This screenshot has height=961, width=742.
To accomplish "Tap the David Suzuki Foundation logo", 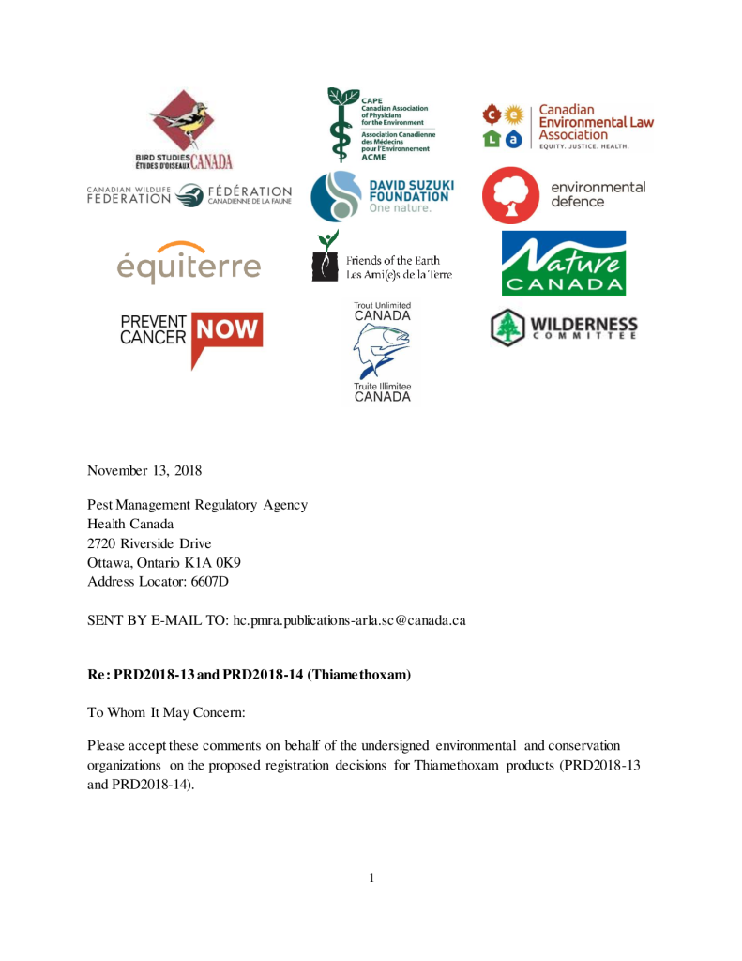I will [x=380, y=196].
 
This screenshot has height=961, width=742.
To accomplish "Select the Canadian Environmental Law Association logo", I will [x=567, y=128].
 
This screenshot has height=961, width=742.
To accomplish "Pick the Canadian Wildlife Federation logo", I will [x=189, y=194].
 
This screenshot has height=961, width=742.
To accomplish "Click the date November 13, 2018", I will [x=144, y=469].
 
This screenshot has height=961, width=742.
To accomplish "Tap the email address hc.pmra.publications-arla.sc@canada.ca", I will [x=350, y=620].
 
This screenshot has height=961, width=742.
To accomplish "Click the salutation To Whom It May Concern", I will [x=166, y=712].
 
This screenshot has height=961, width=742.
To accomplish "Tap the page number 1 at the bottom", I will [x=371, y=877].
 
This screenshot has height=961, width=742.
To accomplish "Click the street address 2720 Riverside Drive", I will [x=149, y=543].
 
